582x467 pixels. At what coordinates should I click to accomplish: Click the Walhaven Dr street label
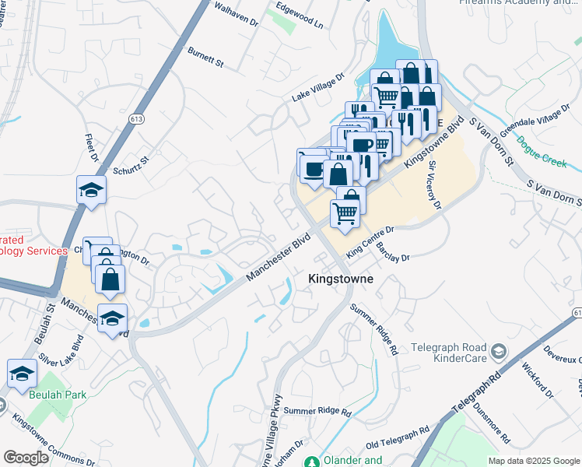(236, 16)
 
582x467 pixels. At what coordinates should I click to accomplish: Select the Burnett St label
(205, 56)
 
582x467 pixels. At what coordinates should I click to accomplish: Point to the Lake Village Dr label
(317, 89)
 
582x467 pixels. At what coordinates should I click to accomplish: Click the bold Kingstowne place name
(341, 279)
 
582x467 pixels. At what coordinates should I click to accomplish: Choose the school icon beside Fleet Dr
(91, 190)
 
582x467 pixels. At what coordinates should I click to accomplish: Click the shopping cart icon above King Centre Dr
(345, 212)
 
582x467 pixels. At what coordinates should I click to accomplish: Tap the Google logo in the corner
(26, 457)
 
